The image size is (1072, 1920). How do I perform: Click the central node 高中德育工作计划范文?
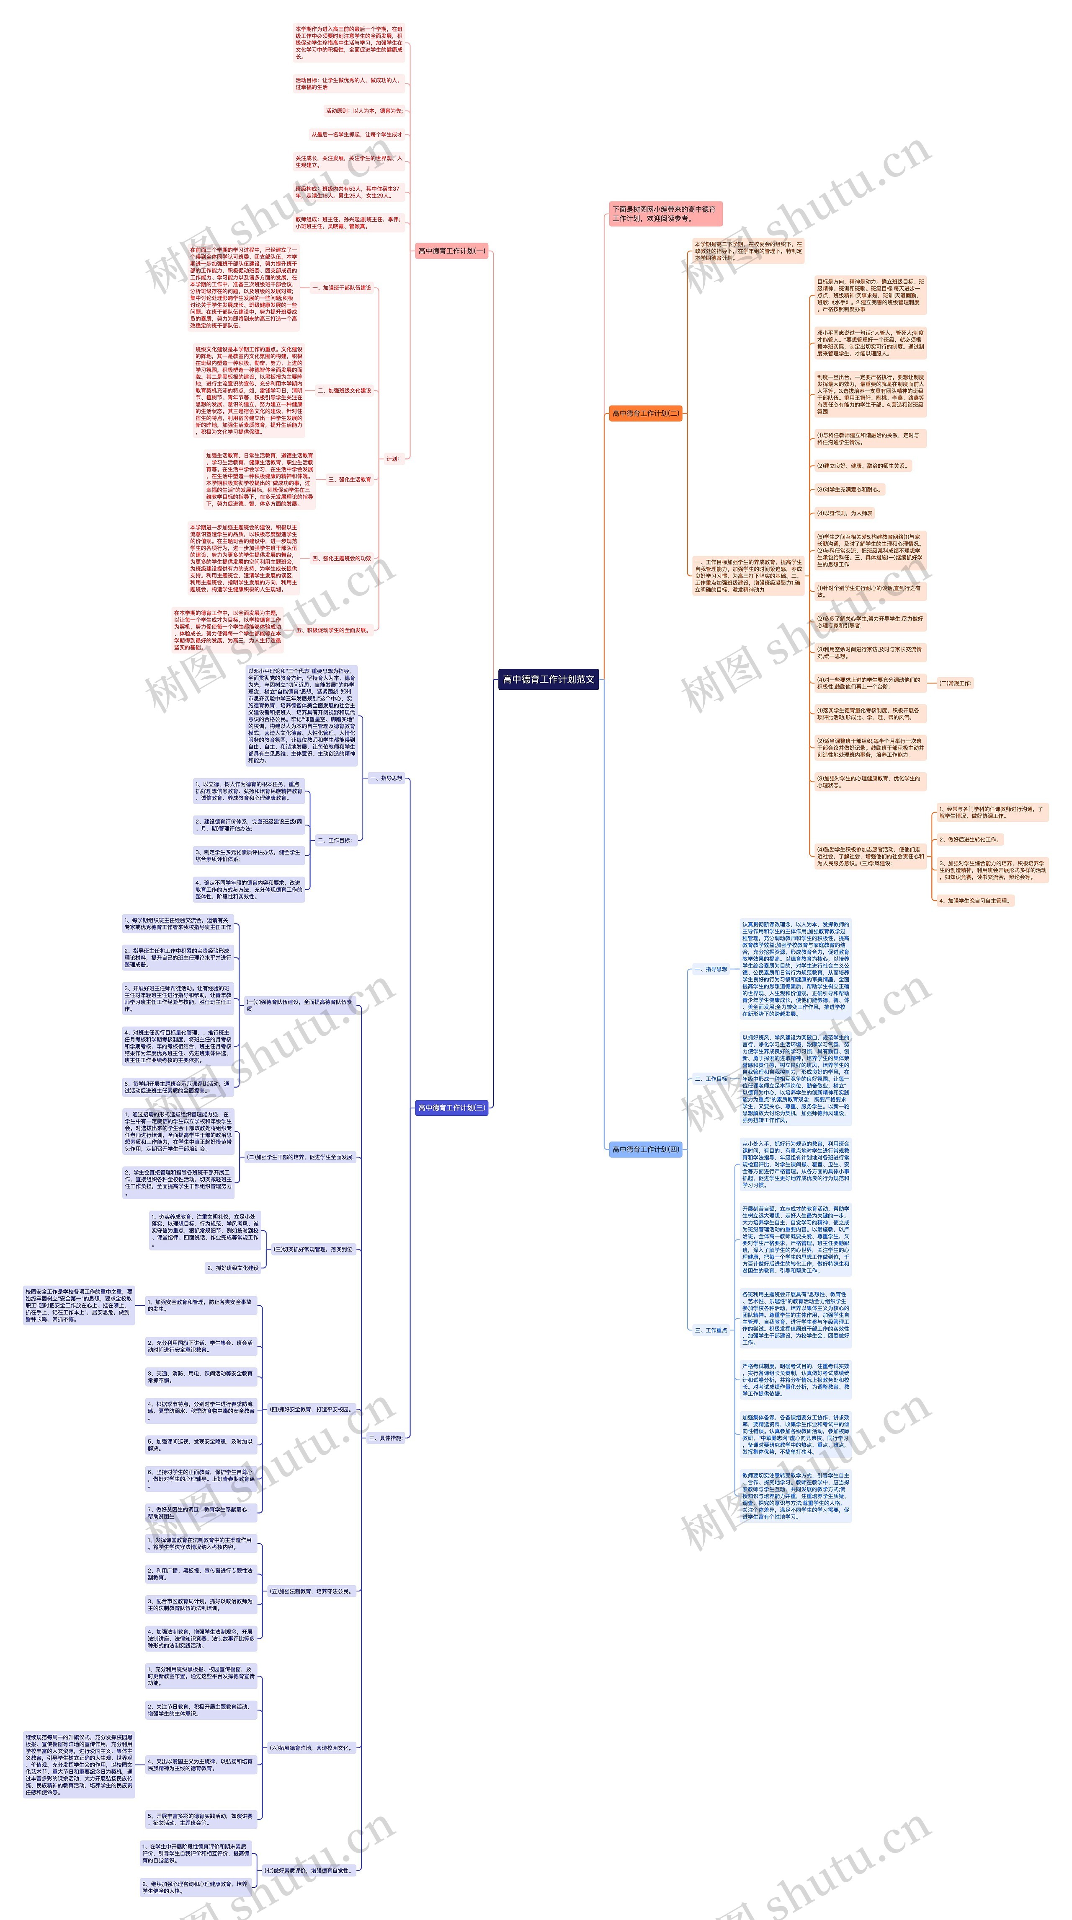coord(548,679)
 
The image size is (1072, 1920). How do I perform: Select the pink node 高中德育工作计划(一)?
coord(451,251)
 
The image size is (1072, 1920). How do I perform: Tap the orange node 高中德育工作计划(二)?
coord(645,413)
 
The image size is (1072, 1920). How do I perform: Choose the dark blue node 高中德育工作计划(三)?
coord(451,1107)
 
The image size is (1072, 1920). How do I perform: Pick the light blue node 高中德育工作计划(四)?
coord(645,1149)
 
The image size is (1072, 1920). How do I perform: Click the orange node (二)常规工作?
coord(954,683)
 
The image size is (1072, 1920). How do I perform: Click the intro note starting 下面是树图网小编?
coord(665,214)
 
